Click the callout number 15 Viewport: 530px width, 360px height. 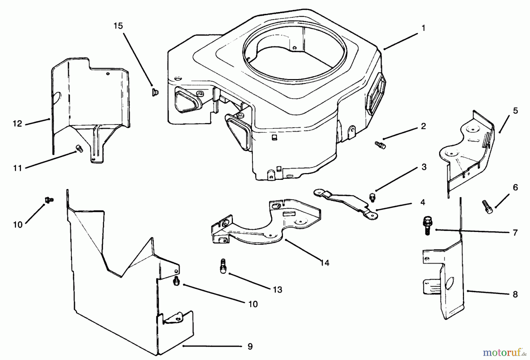(x=118, y=26)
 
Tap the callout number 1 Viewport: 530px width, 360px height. (x=423, y=28)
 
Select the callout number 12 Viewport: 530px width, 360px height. (x=18, y=124)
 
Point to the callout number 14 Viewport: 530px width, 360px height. (x=324, y=263)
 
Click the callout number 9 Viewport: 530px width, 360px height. (x=250, y=346)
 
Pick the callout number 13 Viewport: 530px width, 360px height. (x=277, y=290)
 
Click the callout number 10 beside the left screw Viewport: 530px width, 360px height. (x=18, y=225)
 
